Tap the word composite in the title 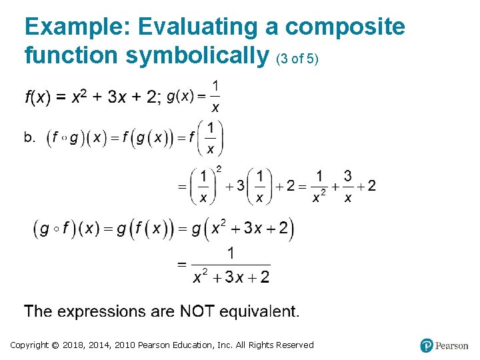[345, 27]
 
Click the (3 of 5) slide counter [297, 59]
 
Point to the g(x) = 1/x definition [194, 97]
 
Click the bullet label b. [30, 138]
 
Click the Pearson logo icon [427, 345]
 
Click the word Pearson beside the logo [452, 345]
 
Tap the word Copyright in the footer [29, 345]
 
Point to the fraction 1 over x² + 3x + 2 [231, 265]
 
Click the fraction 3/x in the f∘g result [347, 186]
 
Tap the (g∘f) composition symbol [57, 229]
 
